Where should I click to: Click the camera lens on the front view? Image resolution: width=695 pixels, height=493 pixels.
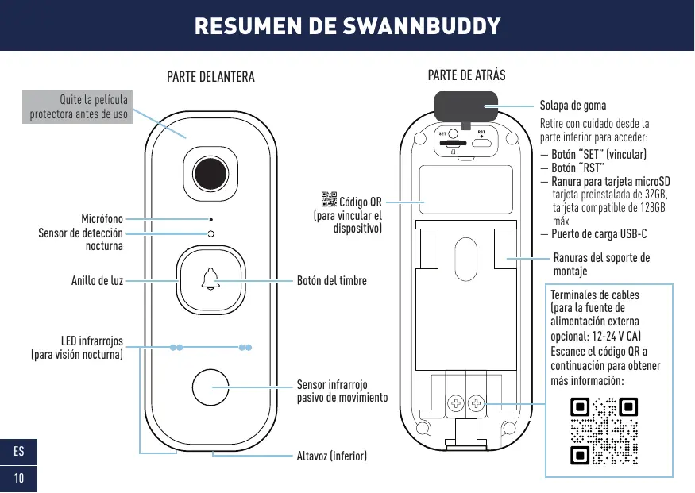(x=210, y=173)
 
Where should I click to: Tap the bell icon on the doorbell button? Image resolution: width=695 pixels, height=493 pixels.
(x=210, y=279)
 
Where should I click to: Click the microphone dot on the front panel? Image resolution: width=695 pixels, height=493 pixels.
(x=210, y=218)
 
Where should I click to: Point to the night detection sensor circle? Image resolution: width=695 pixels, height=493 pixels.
(x=210, y=233)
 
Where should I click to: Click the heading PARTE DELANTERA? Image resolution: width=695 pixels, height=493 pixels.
(x=210, y=77)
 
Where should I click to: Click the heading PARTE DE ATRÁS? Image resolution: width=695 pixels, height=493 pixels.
(x=466, y=76)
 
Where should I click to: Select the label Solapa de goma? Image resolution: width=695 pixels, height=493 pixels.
(x=573, y=106)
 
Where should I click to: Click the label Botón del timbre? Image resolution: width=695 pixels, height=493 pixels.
(x=332, y=280)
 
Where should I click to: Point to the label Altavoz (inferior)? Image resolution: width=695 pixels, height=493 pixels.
(x=331, y=456)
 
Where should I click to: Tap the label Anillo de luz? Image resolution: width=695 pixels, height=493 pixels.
(x=96, y=280)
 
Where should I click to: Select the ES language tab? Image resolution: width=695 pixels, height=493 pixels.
(x=18, y=453)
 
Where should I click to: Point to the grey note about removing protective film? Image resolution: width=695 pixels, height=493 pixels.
(x=78, y=108)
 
